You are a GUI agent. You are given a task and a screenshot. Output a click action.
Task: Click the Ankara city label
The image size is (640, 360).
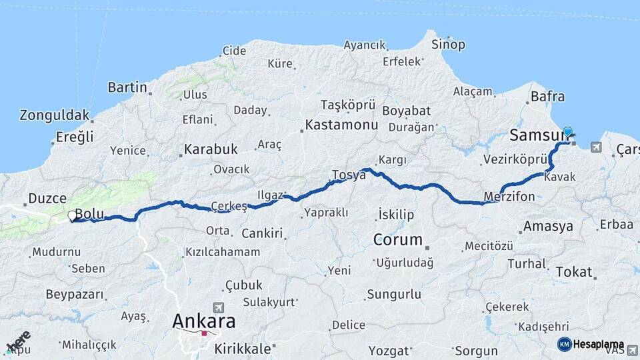[203, 321]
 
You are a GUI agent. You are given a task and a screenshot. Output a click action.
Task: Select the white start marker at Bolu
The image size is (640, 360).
[72, 216]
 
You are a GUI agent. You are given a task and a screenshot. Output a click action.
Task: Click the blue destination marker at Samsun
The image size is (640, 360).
[567, 132]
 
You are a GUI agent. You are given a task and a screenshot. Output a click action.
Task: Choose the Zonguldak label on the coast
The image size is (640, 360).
[55, 115]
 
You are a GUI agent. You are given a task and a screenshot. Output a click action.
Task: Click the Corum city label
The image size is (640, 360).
[397, 239]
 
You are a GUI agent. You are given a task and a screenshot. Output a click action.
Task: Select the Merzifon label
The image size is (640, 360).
[509, 197]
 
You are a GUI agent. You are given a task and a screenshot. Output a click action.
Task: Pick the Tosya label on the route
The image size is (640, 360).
[349, 175]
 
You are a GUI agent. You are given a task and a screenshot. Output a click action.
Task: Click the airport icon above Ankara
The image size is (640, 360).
[218, 307]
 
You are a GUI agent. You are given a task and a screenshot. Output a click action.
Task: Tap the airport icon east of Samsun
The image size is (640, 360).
[595, 147]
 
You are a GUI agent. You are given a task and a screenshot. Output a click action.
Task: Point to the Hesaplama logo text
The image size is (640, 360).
[599, 344]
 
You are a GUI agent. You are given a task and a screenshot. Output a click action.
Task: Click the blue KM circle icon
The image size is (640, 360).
[564, 344]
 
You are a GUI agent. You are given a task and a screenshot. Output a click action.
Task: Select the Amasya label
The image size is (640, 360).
[548, 226]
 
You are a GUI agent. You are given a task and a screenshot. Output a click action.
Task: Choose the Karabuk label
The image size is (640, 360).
[211, 149]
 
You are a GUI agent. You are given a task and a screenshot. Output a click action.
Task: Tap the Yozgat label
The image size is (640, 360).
[389, 350]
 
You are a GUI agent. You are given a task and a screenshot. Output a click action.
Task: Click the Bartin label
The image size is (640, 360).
[127, 87]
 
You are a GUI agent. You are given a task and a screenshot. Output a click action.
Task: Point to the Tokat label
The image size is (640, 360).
[573, 271]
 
